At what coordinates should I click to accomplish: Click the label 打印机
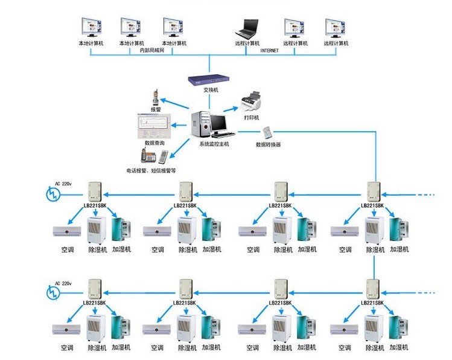pyautogui.click(x=251, y=117)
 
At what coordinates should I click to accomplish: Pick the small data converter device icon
pyautogui.click(x=268, y=132)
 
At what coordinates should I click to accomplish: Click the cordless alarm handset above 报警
pyautogui.click(x=155, y=97)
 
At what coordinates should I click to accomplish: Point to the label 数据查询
pyautogui.click(x=155, y=143)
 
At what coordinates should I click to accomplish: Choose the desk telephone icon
pyautogui.click(x=147, y=155)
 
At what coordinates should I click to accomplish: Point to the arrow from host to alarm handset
pyautogui.click(x=177, y=104)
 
